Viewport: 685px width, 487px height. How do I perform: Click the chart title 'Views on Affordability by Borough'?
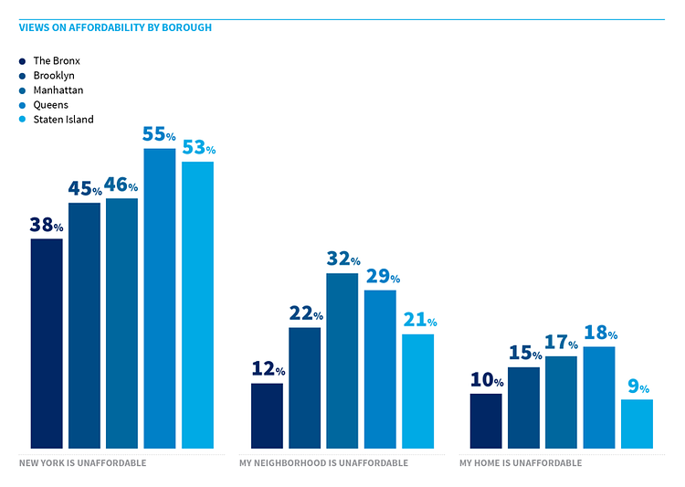click(x=115, y=27)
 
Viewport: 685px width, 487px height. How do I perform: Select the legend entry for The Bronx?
click(x=57, y=60)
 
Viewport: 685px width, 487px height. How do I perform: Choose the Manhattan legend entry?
click(x=59, y=90)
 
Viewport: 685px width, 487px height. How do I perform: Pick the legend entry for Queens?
click(x=50, y=104)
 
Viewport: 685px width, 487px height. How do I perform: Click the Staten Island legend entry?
click(x=63, y=119)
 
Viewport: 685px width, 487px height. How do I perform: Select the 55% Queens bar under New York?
click(x=159, y=298)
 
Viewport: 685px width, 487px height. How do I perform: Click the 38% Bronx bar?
click(x=47, y=343)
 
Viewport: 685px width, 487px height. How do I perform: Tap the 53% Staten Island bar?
click(x=197, y=304)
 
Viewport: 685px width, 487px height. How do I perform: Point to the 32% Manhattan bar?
click(x=342, y=360)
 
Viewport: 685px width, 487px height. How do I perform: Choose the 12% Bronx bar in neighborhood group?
click(x=267, y=416)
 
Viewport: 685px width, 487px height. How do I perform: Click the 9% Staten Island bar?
click(x=637, y=424)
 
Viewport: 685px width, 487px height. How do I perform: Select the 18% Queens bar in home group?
click(x=599, y=397)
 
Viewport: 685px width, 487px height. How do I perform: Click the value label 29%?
click(x=381, y=276)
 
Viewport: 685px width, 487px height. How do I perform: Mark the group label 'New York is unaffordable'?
click(x=82, y=463)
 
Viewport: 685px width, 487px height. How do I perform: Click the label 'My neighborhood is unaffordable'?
click(x=323, y=463)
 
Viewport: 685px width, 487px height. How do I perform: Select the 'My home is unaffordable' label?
click(x=520, y=463)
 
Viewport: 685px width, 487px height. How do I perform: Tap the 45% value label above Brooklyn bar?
click(x=84, y=189)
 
